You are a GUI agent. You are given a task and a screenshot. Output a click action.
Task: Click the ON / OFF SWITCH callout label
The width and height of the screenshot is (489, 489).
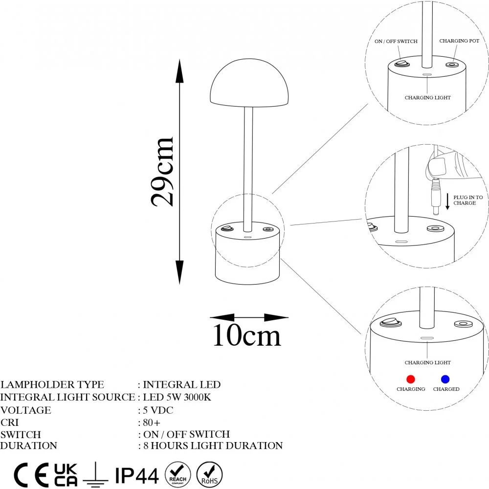396,42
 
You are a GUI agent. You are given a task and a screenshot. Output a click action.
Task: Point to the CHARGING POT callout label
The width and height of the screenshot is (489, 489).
459,41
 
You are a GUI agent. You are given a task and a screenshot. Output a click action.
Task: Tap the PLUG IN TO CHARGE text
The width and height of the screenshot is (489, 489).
468,200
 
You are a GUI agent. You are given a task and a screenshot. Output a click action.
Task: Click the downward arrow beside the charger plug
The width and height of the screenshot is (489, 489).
447,200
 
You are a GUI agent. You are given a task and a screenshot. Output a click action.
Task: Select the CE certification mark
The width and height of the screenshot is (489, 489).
31,475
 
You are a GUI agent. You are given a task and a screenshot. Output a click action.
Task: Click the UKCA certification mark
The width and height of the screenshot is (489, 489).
66,475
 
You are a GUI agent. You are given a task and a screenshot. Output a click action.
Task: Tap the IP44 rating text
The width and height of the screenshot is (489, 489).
136,475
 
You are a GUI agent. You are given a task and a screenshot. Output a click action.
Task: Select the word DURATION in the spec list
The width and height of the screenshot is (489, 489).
29,445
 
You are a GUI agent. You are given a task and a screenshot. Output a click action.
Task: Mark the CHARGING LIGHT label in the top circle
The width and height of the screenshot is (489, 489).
427,98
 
